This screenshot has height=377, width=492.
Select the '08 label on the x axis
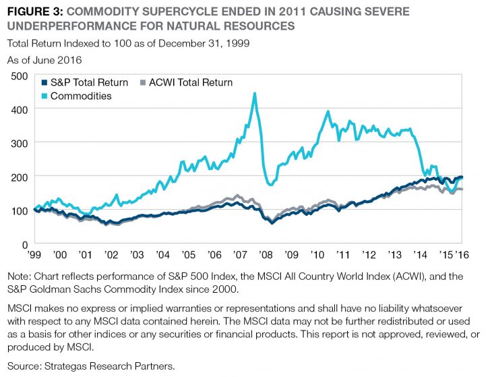tap(266, 256)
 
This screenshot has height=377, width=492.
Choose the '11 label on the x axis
tap(342, 256)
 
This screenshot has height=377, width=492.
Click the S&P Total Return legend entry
tap(88, 83)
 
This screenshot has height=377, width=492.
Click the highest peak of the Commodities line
tap(255, 94)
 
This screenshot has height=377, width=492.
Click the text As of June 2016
tap(44, 60)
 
